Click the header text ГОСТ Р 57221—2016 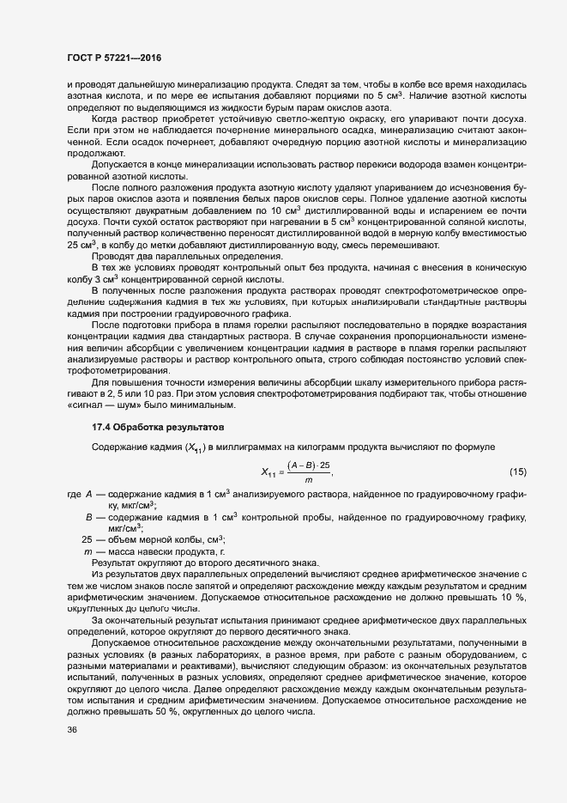(x=113, y=57)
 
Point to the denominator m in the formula (x=308, y=481)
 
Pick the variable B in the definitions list (x=88, y=518)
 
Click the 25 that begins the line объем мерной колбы (x=86, y=539)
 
